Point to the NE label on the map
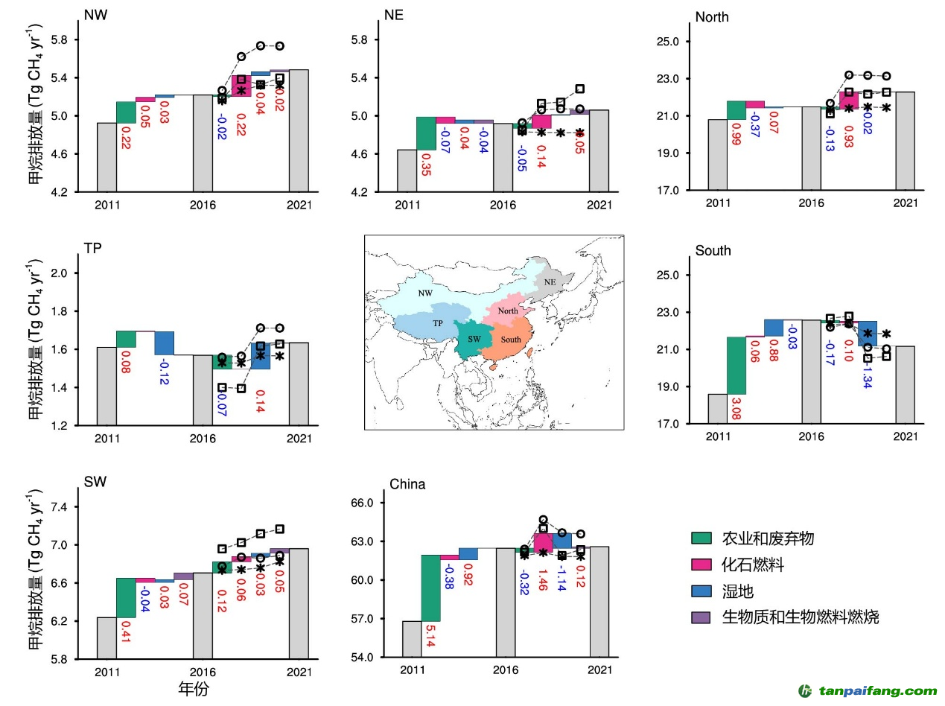click(550, 282)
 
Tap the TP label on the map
click(438, 324)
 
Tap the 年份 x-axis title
click(194, 689)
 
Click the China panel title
click(408, 485)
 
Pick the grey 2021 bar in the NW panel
click(299, 130)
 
